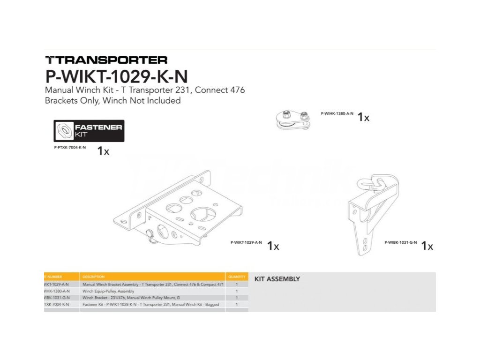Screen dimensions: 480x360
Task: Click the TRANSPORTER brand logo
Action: (x=106, y=60)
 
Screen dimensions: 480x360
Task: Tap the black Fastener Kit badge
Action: (x=89, y=130)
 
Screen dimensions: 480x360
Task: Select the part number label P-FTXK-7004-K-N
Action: (x=70, y=147)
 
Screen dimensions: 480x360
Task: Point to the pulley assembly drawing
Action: (x=294, y=119)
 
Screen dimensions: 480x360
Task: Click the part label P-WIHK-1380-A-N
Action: (x=337, y=113)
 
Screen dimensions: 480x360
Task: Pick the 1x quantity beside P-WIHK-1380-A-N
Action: (x=363, y=117)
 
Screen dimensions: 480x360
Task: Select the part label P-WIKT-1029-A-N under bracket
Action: (x=246, y=242)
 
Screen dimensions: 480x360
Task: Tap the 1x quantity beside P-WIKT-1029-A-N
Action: (x=273, y=246)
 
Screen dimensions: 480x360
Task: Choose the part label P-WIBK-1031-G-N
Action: (x=401, y=242)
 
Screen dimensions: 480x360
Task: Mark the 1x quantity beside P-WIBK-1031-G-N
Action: (x=427, y=246)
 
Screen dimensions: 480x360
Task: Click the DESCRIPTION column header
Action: (x=93, y=277)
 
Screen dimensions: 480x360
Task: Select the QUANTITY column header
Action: (x=237, y=277)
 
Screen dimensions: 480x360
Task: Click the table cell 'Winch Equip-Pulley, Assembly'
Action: (x=108, y=291)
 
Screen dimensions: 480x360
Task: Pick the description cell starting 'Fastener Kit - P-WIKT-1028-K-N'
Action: (x=150, y=304)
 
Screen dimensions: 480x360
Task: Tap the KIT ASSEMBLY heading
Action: (x=277, y=279)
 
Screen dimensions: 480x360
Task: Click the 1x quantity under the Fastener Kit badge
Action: (x=103, y=151)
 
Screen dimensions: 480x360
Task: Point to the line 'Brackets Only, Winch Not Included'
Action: (x=112, y=100)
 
